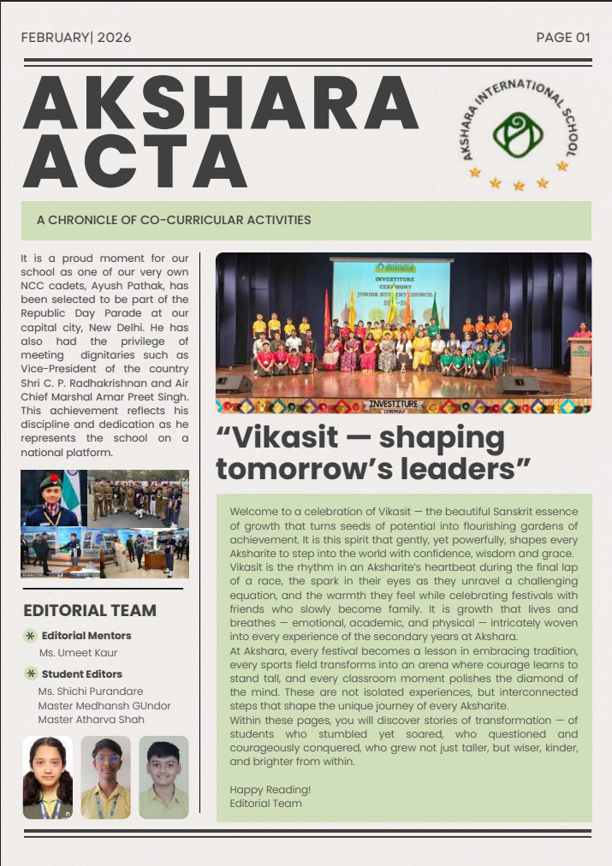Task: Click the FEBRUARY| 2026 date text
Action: pos(76,38)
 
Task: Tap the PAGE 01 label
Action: pos(563,38)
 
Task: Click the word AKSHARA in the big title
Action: pos(220,104)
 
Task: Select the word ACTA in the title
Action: pos(135,163)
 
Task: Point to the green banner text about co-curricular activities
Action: pos(174,220)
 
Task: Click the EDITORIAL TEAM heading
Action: pos(90,610)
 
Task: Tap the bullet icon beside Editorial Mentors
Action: pos(31,636)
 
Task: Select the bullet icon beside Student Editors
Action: pos(31,673)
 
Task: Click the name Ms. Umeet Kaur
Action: pos(78,653)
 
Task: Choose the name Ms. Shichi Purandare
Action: pos(91,691)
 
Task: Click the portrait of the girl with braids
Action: pos(47,777)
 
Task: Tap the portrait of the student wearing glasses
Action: pos(105,777)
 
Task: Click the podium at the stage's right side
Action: pos(580,358)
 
